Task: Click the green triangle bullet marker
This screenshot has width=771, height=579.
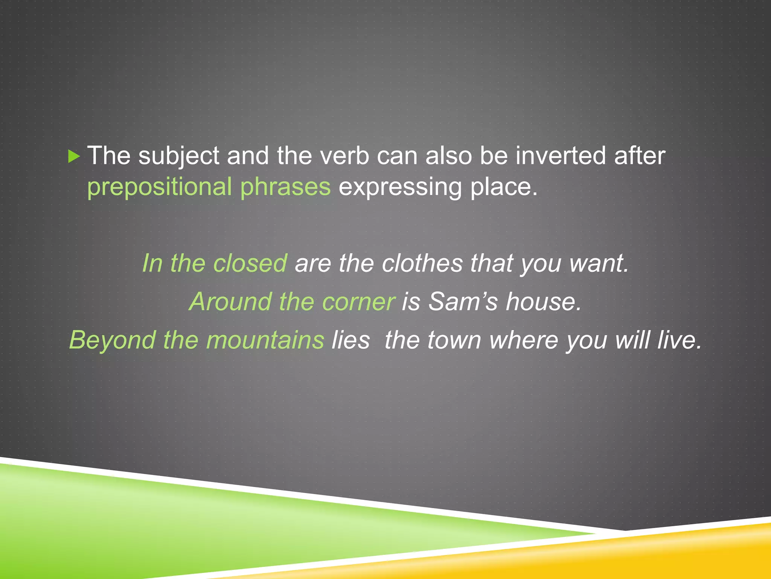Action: pyautogui.click(x=74, y=156)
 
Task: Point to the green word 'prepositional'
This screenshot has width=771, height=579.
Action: pyautogui.click(x=160, y=187)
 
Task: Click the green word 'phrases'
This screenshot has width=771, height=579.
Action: pyautogui.click(x=285, y=187)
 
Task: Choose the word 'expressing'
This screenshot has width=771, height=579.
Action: pyautogui.click(x=400, y=187)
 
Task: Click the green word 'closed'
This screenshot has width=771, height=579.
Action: pyautogui.click(x=250, y=263)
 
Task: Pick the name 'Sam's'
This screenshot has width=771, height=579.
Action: pyautogui.click(x=463, y=302)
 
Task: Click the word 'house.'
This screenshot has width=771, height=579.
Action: pyautogui.click(x=544, y=302)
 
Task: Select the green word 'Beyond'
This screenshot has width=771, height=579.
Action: pyautogui.click(x=113, y=340)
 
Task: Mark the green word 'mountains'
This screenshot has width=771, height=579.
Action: pyautogui.click(x=265, y=340)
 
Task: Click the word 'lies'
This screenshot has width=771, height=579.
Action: pyautogui.click(x=350, y=340)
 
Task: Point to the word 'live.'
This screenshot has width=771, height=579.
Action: pyautogui.click(x=680, y=340)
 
